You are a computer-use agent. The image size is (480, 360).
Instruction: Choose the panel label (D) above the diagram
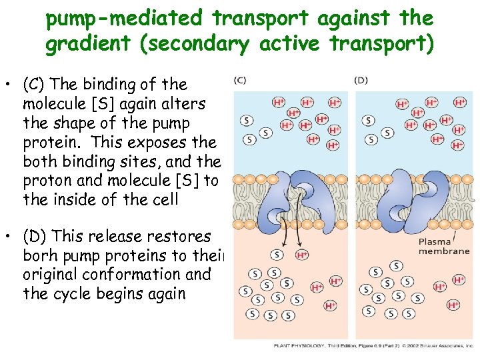361,80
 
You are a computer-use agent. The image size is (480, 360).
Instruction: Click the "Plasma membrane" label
444,247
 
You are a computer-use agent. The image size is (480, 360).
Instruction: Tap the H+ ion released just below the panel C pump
302,255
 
